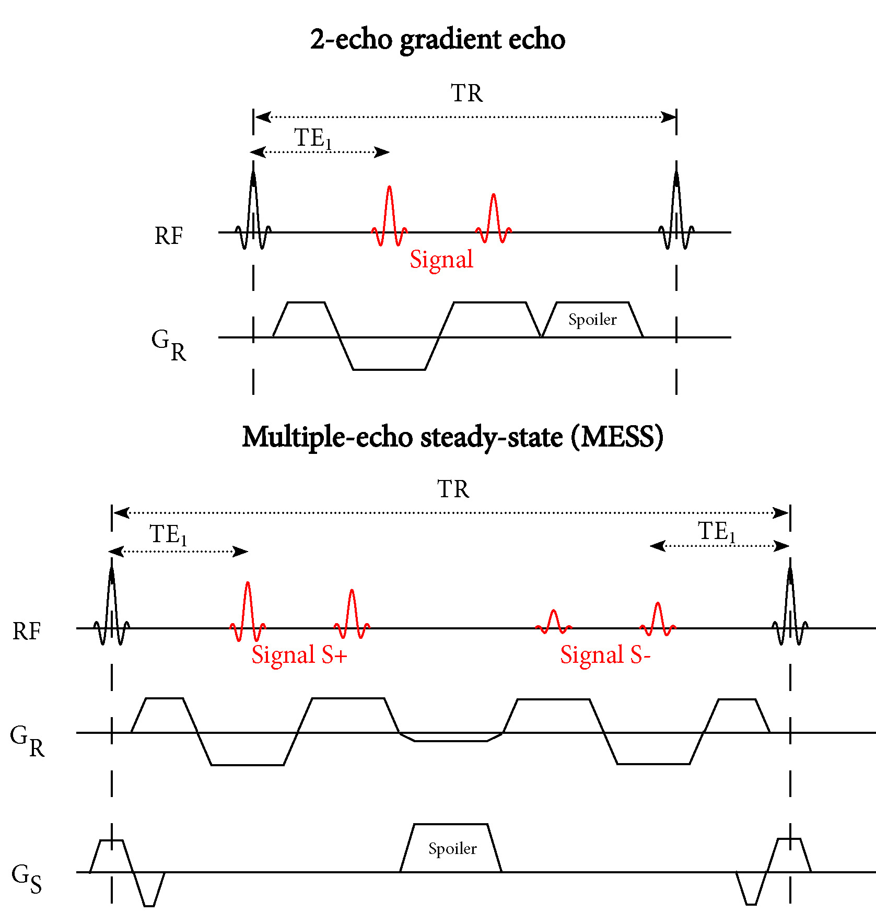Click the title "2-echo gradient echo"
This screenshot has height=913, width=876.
click(438, 39)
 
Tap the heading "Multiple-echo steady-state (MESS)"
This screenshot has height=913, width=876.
click(452, 437)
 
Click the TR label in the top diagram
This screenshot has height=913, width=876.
click(466, 93)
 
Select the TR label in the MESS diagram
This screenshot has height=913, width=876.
click(453, 489)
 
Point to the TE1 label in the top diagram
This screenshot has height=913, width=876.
click(313, 138)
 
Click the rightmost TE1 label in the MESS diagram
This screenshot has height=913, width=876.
click(717, 532)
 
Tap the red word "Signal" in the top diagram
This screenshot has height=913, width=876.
click(441, 259)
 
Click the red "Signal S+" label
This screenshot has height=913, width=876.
click(299, 655)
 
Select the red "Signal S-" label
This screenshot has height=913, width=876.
click(605, 655)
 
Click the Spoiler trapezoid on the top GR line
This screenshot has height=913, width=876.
click(592, 319)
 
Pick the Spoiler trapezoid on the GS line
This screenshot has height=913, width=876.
click(452, 848)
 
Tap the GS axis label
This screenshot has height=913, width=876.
click(26, 879)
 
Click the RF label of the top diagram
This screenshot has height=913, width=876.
click(169, 236)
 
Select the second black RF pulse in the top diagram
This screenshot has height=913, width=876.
click(676, 209)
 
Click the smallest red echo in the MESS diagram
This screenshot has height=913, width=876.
click(554, 622)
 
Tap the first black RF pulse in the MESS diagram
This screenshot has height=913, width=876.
click(112, 606)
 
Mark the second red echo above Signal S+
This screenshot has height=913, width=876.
click(352, 614)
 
